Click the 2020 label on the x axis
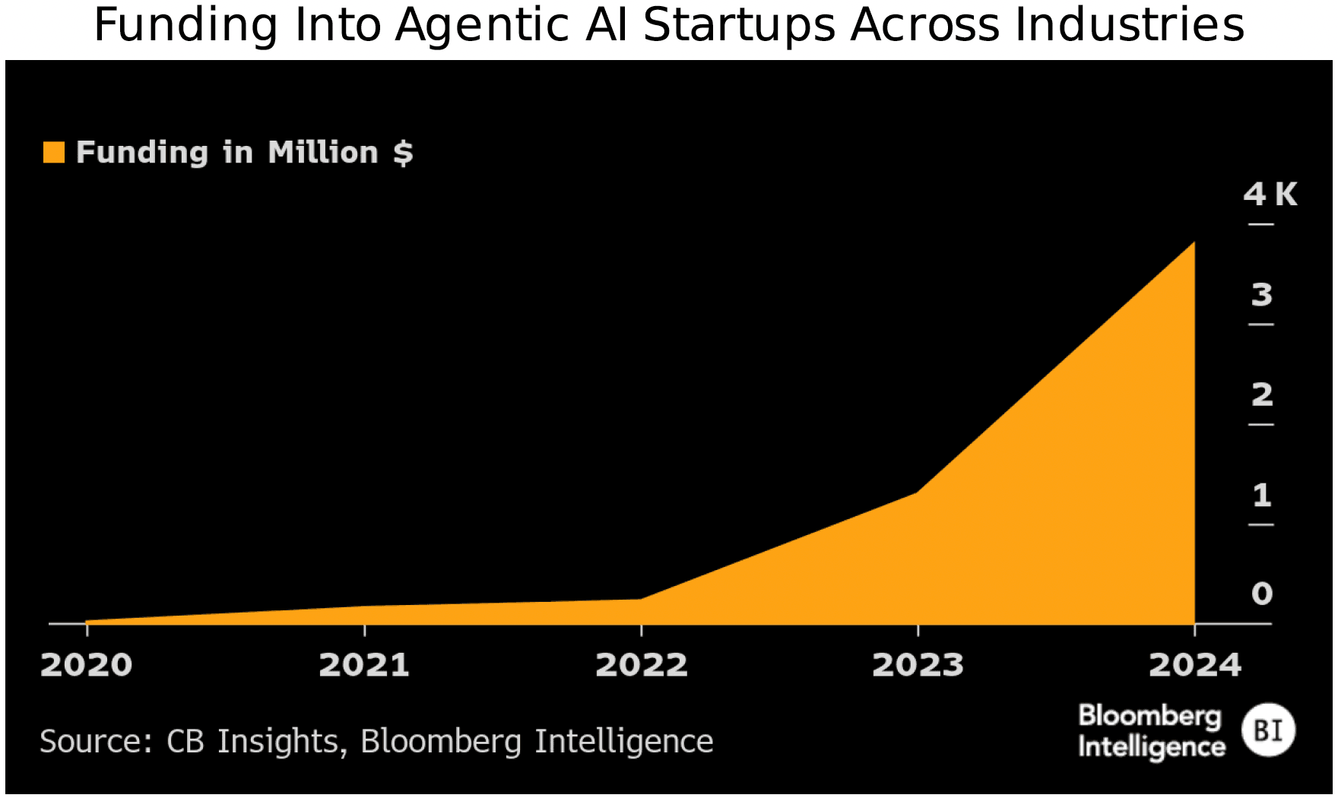click(x=86, y=665)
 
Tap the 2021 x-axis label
click(x=364, y=665)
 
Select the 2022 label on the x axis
click(x=641, y=665)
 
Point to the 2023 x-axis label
click(x=918, y=665)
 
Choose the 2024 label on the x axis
click(x=1194, y=665)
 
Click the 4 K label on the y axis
click(x=1270, y=195)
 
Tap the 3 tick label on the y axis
click(x=1262, y=295)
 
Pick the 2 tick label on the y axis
click(x=1262, y=394)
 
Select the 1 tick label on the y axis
click(x=1262, y=496)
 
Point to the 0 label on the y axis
click(x=1262, y=594)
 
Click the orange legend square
click(x=54, y=152)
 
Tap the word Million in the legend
click(x=323, y=153)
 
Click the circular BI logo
click(x=1268, y=730)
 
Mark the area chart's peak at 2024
click(x=1194, y=243)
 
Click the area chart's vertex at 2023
click(x=917, y=492)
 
